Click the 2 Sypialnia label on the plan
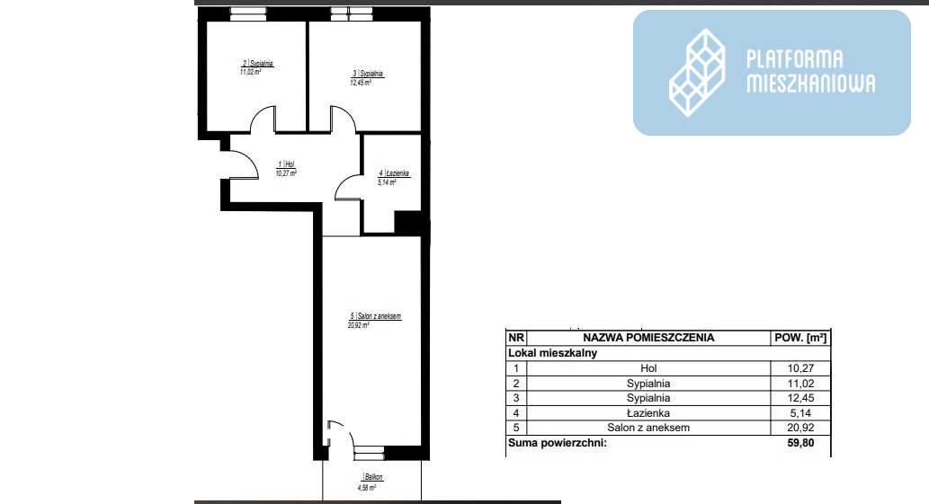(258, 63)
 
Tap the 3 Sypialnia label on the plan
(368, 74)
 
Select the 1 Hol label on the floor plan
(286, 164)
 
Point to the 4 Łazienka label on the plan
(394, 173)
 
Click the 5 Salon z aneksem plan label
(376, 316)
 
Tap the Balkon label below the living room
(372, 477)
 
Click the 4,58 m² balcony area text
(367, 488)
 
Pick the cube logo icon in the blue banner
(697, 73)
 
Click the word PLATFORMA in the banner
(794, 59)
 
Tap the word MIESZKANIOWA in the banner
(810, 84)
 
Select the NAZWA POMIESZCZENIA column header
(648, 338)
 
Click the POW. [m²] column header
(800, 338)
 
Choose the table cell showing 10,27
(800, 368)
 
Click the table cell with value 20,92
(800, 428)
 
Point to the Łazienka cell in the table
(648, 413)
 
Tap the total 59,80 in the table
(800, 443)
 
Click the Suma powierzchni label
(558, 443)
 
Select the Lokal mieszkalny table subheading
(553, 353)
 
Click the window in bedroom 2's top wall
(248, 13)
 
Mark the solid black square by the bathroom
(408, 223)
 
